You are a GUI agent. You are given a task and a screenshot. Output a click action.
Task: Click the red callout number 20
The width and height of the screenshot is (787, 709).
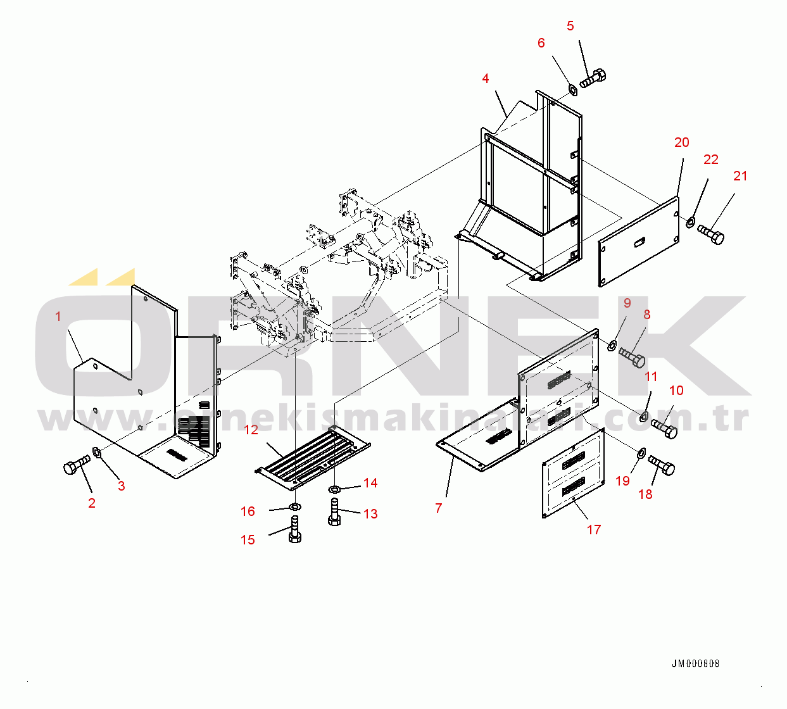681,142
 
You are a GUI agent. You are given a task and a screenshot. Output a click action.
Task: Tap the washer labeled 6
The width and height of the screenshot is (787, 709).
572,89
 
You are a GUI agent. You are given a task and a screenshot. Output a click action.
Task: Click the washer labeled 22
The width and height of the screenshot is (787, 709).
690,222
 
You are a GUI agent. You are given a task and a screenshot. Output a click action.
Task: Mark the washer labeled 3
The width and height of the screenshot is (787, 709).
98,452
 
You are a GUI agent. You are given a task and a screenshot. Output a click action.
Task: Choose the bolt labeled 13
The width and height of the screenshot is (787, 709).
335,511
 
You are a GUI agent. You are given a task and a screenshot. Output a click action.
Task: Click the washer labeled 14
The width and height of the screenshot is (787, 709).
334,489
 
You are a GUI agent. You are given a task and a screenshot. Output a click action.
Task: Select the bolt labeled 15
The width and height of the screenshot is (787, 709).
294,529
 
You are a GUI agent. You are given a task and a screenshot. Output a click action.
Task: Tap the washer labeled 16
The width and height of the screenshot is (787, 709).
294,507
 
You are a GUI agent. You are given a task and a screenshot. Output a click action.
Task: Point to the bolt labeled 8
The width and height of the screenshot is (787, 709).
632,356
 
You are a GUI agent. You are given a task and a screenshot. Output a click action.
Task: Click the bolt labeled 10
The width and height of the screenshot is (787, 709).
664,428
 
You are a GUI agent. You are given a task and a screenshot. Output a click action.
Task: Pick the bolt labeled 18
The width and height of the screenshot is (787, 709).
662,466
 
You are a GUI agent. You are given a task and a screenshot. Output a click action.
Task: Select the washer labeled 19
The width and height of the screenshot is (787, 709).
641,452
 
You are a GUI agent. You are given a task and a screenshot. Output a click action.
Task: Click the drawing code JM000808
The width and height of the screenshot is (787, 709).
695,664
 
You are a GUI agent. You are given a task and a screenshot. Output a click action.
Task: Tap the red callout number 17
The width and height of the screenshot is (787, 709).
593,530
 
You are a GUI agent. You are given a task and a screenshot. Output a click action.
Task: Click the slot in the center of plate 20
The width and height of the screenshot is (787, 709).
640,241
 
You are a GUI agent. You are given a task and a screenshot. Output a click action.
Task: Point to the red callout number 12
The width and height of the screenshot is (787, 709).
251,430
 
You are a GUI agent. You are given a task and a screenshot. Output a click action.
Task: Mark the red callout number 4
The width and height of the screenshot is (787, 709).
485,78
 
